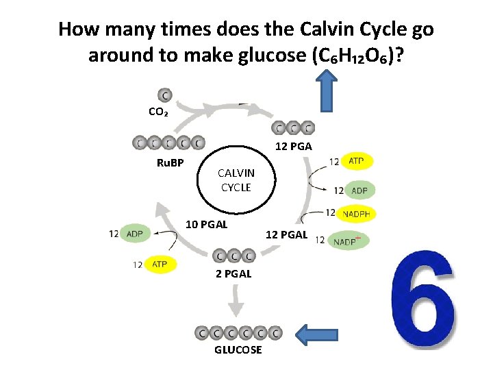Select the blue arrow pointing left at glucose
click(319, 334)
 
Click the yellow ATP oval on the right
click(357, 161)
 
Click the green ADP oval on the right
click(359, 190)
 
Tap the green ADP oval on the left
click(135, 234)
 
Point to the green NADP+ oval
click(350, 241)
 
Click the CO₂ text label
click(158, 112)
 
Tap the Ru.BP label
click(170, 163)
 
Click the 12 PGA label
click(294, 146)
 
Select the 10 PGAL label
click(207, 223)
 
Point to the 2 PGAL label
click(233, 273)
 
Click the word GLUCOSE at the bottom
click(238, 349)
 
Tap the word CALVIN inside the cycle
click(236, 173)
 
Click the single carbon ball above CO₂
click(165, 95)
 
